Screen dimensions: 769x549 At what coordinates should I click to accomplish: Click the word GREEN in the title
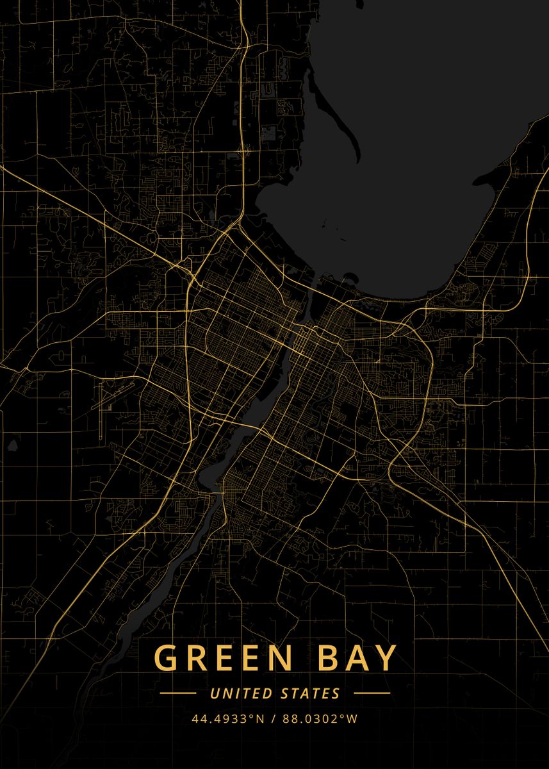click(x=215, y=658)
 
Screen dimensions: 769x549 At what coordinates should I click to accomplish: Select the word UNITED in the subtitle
click(x=240, y=693)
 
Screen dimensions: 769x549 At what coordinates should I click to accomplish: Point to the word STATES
click(x=311, y=693)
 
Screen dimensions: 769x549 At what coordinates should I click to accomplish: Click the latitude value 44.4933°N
click(x=228, y=718)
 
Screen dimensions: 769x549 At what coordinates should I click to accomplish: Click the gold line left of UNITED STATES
click(x=177, y=693)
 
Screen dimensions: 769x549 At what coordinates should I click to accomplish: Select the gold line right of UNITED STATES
click(x=372, y=693)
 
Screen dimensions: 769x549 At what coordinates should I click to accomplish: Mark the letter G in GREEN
click(x=166, y=658)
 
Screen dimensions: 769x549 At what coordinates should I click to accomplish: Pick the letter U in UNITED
click(x=215, y=693)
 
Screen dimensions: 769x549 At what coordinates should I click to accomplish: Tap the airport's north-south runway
click(x=101, y=420)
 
